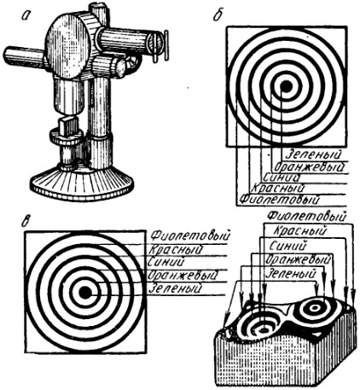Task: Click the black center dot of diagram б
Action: click(287, 85)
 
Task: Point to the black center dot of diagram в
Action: click(84, 293)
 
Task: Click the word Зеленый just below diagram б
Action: click(313, 154)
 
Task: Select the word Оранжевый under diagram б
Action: click(309, 167)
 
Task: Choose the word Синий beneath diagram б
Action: click(281, 178)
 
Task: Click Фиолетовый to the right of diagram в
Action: click(189, 236)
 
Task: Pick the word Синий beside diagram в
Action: click(166, 262)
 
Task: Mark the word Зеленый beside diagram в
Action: click(176, 288)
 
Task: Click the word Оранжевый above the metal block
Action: click(298, 259)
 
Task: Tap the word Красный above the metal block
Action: click(299, 231)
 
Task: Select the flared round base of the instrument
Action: click(82, 182)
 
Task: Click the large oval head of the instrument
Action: click(68, 46)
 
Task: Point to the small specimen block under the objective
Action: click(69, 126)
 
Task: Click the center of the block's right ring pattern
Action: click(315, 308)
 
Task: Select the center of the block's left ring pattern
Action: click(264, 330)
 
